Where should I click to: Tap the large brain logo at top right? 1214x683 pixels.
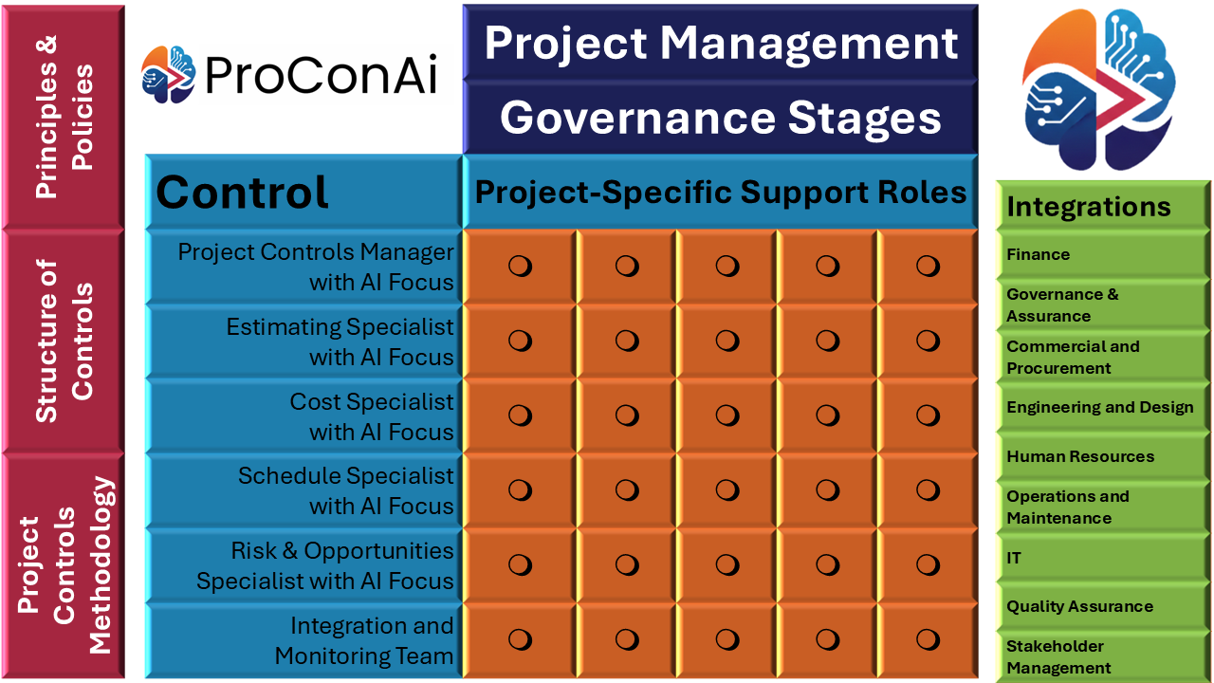pyautogui.click(x=1099, y=89)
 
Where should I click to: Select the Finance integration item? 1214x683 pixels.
pyautogui.click(x=1038, y=254)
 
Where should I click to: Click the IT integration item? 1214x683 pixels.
pyautogui.click(x=1014, y=558)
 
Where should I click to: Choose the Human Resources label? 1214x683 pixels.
pyautogui.click(x=1080, y=456)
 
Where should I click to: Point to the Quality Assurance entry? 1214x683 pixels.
pyautogui.click(x=1079, y=606)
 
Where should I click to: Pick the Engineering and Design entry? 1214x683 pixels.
pyautogui.click(x=1099, y=407)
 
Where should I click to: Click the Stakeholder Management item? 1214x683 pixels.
pyautogui.click(x=1058, y=657)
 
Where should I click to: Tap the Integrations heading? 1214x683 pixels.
pyautogui.click(x=1088, y=207)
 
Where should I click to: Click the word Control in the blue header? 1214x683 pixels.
pyautogui.click(x=242, y=193)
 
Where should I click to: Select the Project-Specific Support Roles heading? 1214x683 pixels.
pyautogui.click(x=720, y=193)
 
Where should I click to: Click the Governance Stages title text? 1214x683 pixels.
pyautogui.click(x=720, y=119)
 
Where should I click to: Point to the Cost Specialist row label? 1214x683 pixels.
pyautogui.click(x=371, y=416)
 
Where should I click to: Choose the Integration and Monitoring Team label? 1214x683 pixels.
pyautogui.click(x=363, y=640)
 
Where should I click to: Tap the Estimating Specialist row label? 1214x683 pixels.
pyautogui.click(x=340, y=342)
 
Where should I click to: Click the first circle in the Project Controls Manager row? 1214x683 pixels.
pyautogui.click(x=520, y=267)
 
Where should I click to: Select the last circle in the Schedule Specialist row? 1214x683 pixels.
pyautogui.click(x=928, y=490)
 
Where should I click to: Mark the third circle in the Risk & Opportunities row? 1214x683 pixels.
pyautogui.click(x=727, y=564)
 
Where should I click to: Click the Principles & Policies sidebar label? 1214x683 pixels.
pyautogui.click(x=64, y=117)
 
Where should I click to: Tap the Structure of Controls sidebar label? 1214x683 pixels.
pyautogui.click(x=64, y=341)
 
